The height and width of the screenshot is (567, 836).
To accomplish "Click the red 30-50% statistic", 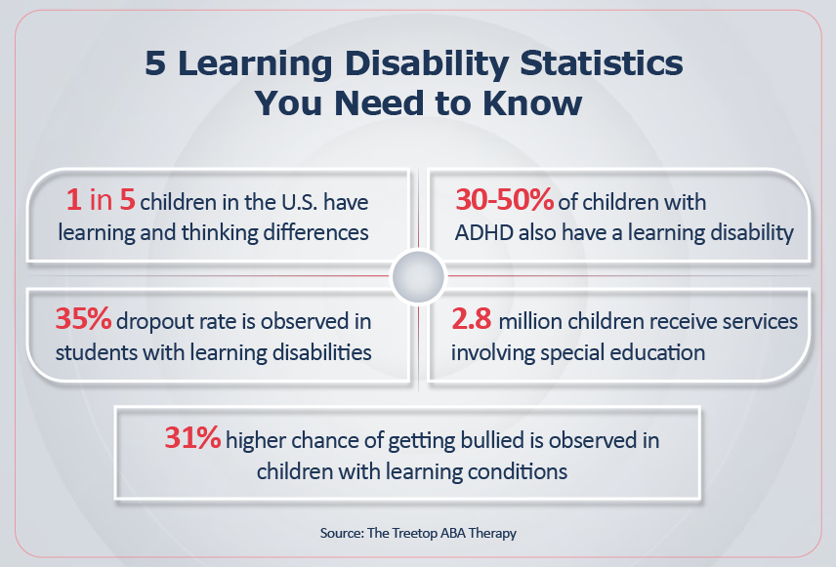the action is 504,200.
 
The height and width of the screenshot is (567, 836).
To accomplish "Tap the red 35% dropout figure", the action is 83,319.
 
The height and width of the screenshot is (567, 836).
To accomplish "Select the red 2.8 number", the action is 472,319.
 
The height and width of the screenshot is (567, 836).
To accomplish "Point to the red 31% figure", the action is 192,437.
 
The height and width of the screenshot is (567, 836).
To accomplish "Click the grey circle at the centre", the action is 418,277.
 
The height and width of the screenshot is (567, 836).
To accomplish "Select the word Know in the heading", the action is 532,102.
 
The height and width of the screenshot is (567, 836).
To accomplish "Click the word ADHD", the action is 484,233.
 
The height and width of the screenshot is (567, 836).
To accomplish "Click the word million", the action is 530,321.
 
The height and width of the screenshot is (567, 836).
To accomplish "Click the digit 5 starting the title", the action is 155,63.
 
